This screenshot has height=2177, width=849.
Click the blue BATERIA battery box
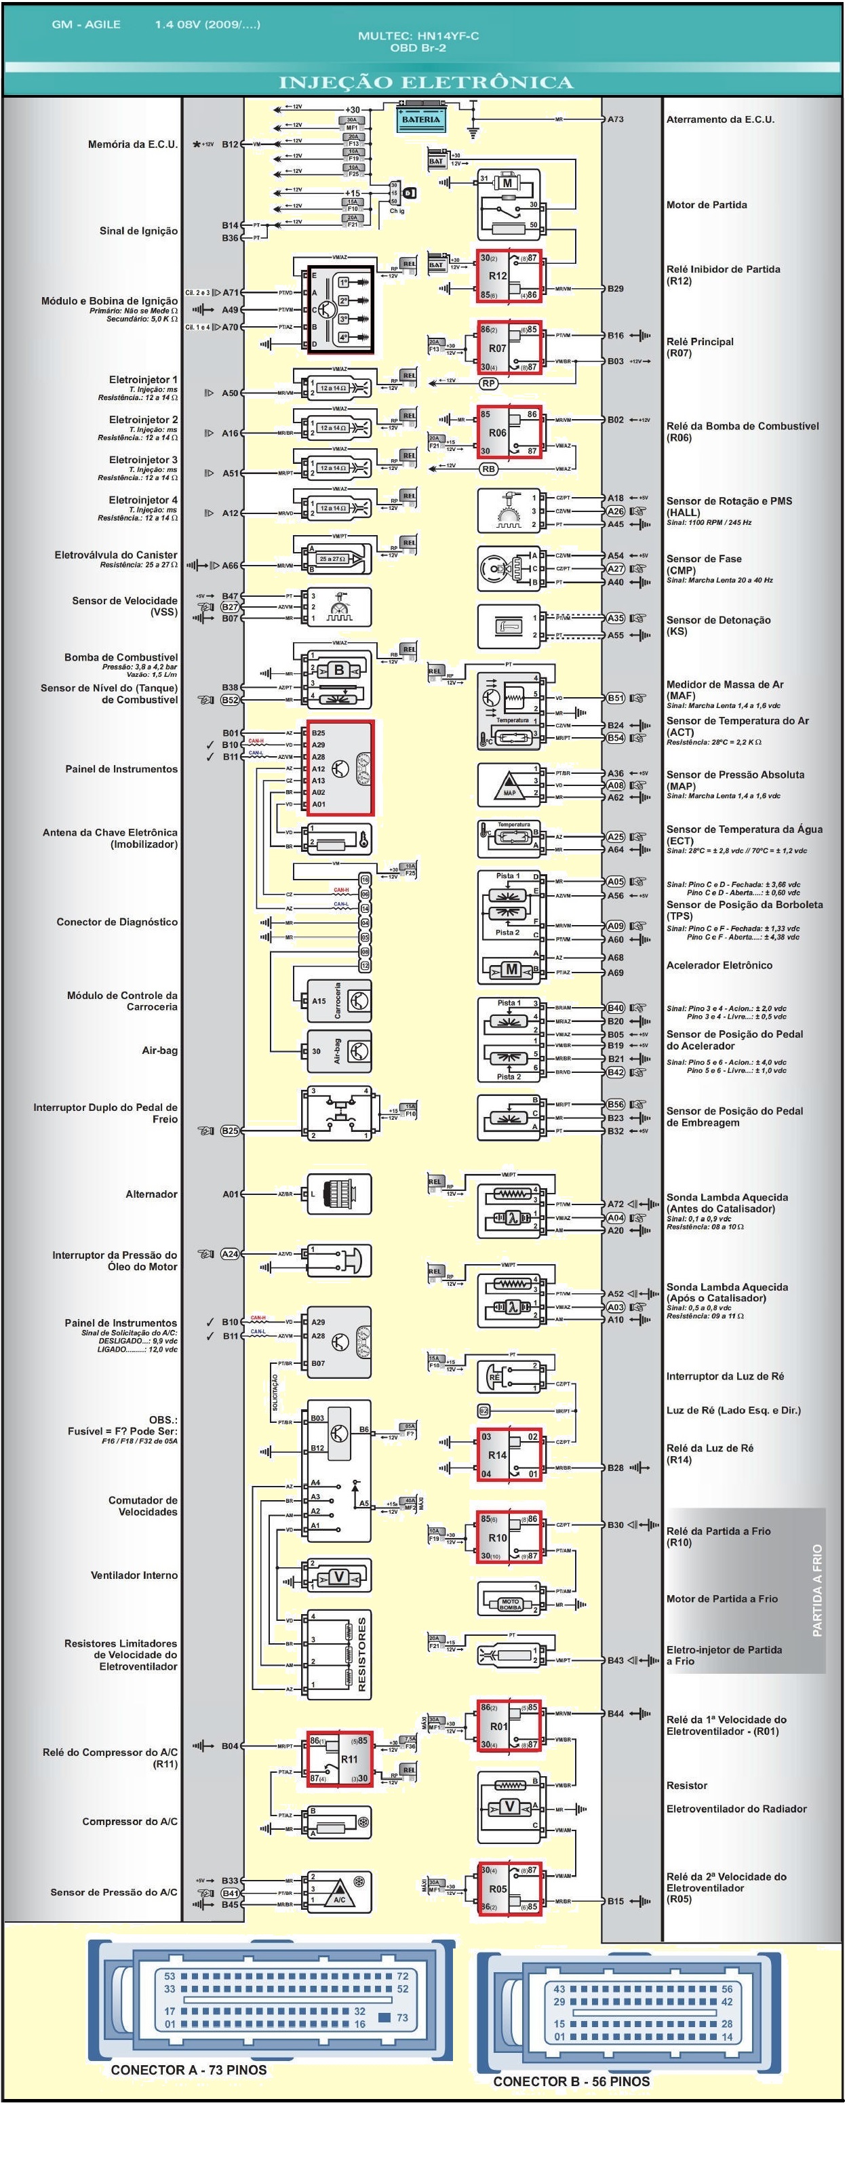pos(420,120)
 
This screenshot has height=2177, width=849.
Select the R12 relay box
pos(509,275)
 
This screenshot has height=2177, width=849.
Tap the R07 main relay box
pos(509,347)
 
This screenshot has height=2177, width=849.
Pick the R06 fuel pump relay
pos(509,432)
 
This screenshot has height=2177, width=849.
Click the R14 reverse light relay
pos(509,1455)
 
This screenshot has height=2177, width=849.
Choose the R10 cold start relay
pos(509,1537)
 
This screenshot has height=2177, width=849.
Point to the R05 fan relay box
pos(509,1888)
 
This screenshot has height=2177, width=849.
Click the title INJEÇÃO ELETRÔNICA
pos(426,82)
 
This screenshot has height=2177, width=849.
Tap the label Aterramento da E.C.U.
pos(719,120)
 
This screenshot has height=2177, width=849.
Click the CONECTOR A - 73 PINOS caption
pos(189,2070)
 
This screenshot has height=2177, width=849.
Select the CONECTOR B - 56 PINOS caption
pos(571,2081)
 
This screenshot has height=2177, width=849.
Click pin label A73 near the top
pos(616,120)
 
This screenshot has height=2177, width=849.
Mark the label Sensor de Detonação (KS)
pos(718,625)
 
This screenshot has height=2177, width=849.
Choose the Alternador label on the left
pos(151,1194)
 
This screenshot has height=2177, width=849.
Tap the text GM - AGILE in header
pos(86,24)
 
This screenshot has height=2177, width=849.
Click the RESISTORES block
pos(340,1653)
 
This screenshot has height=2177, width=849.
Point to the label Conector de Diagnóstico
pos(117,922)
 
